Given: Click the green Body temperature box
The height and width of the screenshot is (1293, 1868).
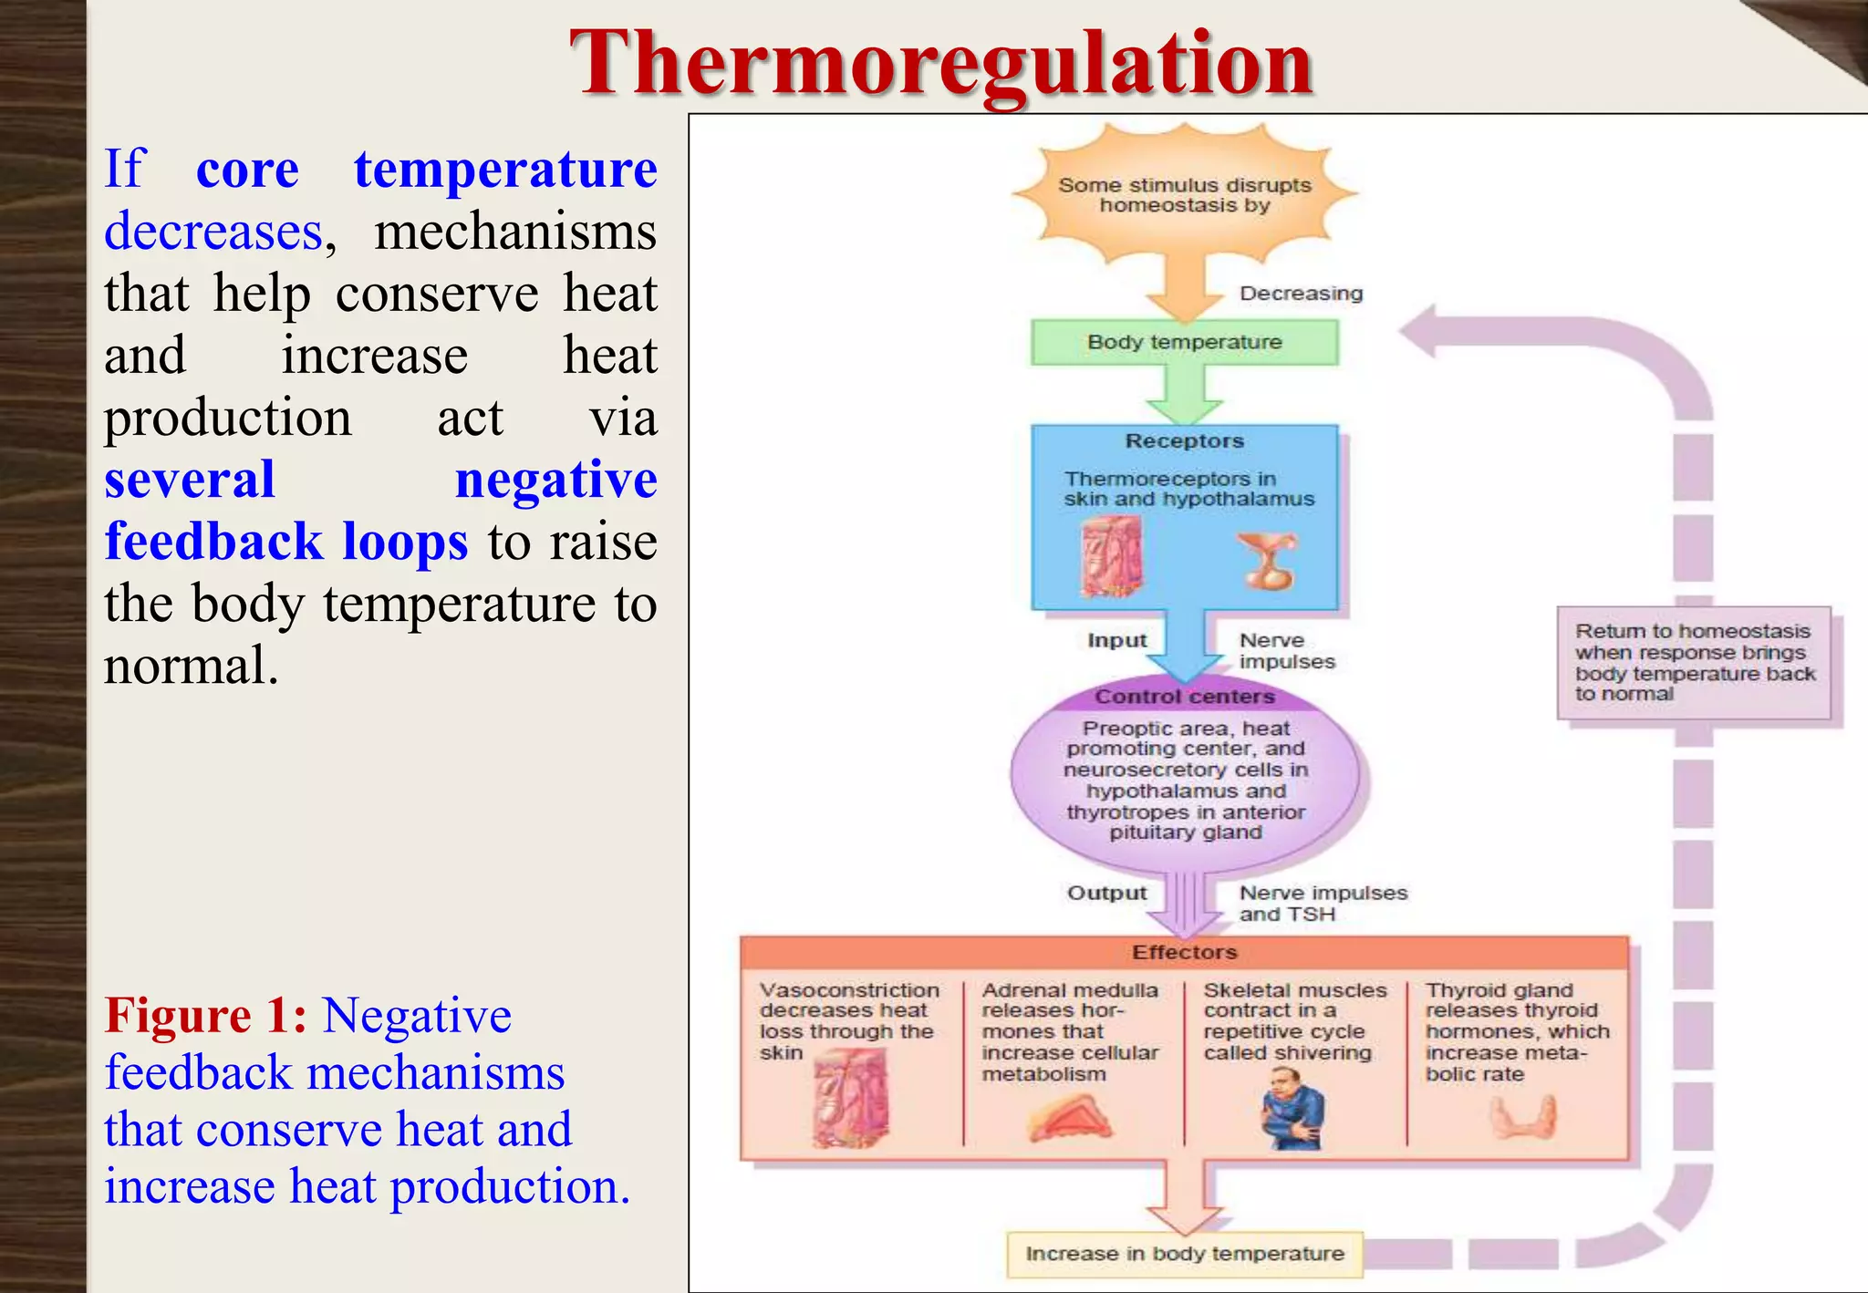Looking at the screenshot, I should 1184,343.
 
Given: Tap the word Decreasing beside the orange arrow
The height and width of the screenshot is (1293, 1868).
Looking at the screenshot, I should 1301,294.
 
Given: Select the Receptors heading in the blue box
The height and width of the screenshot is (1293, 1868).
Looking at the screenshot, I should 1184,441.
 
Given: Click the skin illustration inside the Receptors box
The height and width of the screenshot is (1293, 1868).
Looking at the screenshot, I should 1111,556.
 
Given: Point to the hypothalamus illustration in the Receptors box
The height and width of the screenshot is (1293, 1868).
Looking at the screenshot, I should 1267,561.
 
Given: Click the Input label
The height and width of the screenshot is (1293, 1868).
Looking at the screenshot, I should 1116,640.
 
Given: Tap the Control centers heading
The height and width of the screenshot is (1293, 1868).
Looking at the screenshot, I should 1184,697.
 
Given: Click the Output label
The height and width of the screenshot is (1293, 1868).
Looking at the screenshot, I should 1106,893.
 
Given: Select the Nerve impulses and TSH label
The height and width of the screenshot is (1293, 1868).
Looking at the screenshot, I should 1322,903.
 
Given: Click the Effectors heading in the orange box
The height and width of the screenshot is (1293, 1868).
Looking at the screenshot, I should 1184,952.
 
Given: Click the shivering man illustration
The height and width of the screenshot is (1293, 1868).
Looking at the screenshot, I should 1292,1109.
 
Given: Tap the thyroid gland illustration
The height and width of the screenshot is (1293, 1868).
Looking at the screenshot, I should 1522,1116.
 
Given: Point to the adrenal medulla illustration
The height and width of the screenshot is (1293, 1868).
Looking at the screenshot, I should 1069,1118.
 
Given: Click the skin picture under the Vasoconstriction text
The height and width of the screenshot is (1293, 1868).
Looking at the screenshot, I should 850,1098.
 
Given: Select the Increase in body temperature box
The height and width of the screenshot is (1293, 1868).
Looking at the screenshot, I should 1184,1254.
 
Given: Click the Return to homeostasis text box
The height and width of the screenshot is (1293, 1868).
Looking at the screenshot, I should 1693,662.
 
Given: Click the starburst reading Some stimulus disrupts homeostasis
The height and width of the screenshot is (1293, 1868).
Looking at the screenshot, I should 1184,195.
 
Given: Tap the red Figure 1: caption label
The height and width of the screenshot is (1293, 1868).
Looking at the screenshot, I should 205,1016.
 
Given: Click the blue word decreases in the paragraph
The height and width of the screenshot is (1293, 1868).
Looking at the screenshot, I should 213,232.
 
